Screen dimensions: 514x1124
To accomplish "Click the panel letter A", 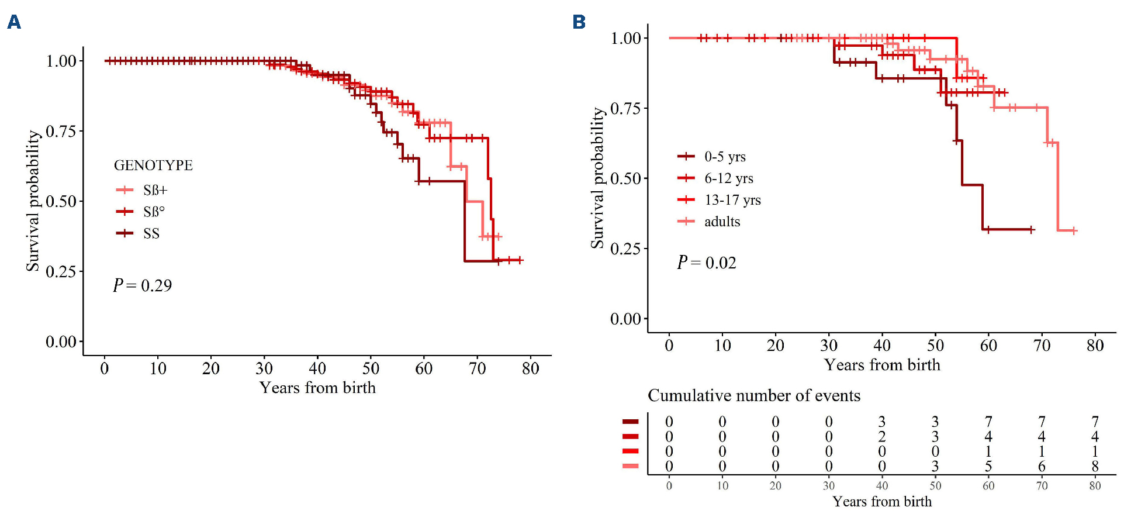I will coord(14,22).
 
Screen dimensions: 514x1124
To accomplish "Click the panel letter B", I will coord(579,22).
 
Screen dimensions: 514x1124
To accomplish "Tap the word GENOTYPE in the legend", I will coord(153,165).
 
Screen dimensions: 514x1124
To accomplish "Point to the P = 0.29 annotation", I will coord(143,285).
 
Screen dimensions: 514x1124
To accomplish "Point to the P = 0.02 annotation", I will coord(707,263).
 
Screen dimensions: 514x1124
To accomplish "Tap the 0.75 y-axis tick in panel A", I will coord(61,131).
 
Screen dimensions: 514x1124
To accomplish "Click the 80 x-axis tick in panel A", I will coord(530,368).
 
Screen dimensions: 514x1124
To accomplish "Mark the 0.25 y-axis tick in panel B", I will coord(625,249).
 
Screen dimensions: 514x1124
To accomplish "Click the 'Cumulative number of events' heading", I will coord(754,396).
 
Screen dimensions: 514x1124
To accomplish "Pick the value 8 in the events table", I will coord(1095,466).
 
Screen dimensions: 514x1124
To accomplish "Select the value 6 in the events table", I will coord(1042,466).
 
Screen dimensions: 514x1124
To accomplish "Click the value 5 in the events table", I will coord(988,466).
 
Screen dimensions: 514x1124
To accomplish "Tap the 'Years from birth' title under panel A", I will coord(317,388).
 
